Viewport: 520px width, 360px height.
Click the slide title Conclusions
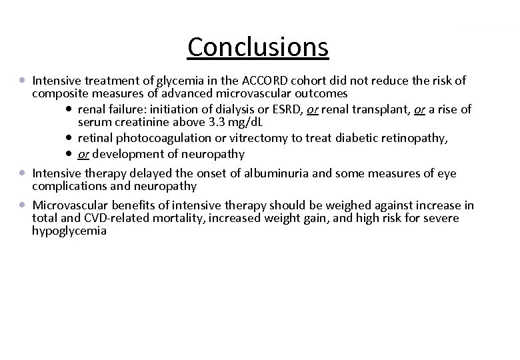point(259,47)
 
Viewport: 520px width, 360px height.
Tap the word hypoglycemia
point(69,231)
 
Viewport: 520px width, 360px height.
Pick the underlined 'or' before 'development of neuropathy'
point(83,154)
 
